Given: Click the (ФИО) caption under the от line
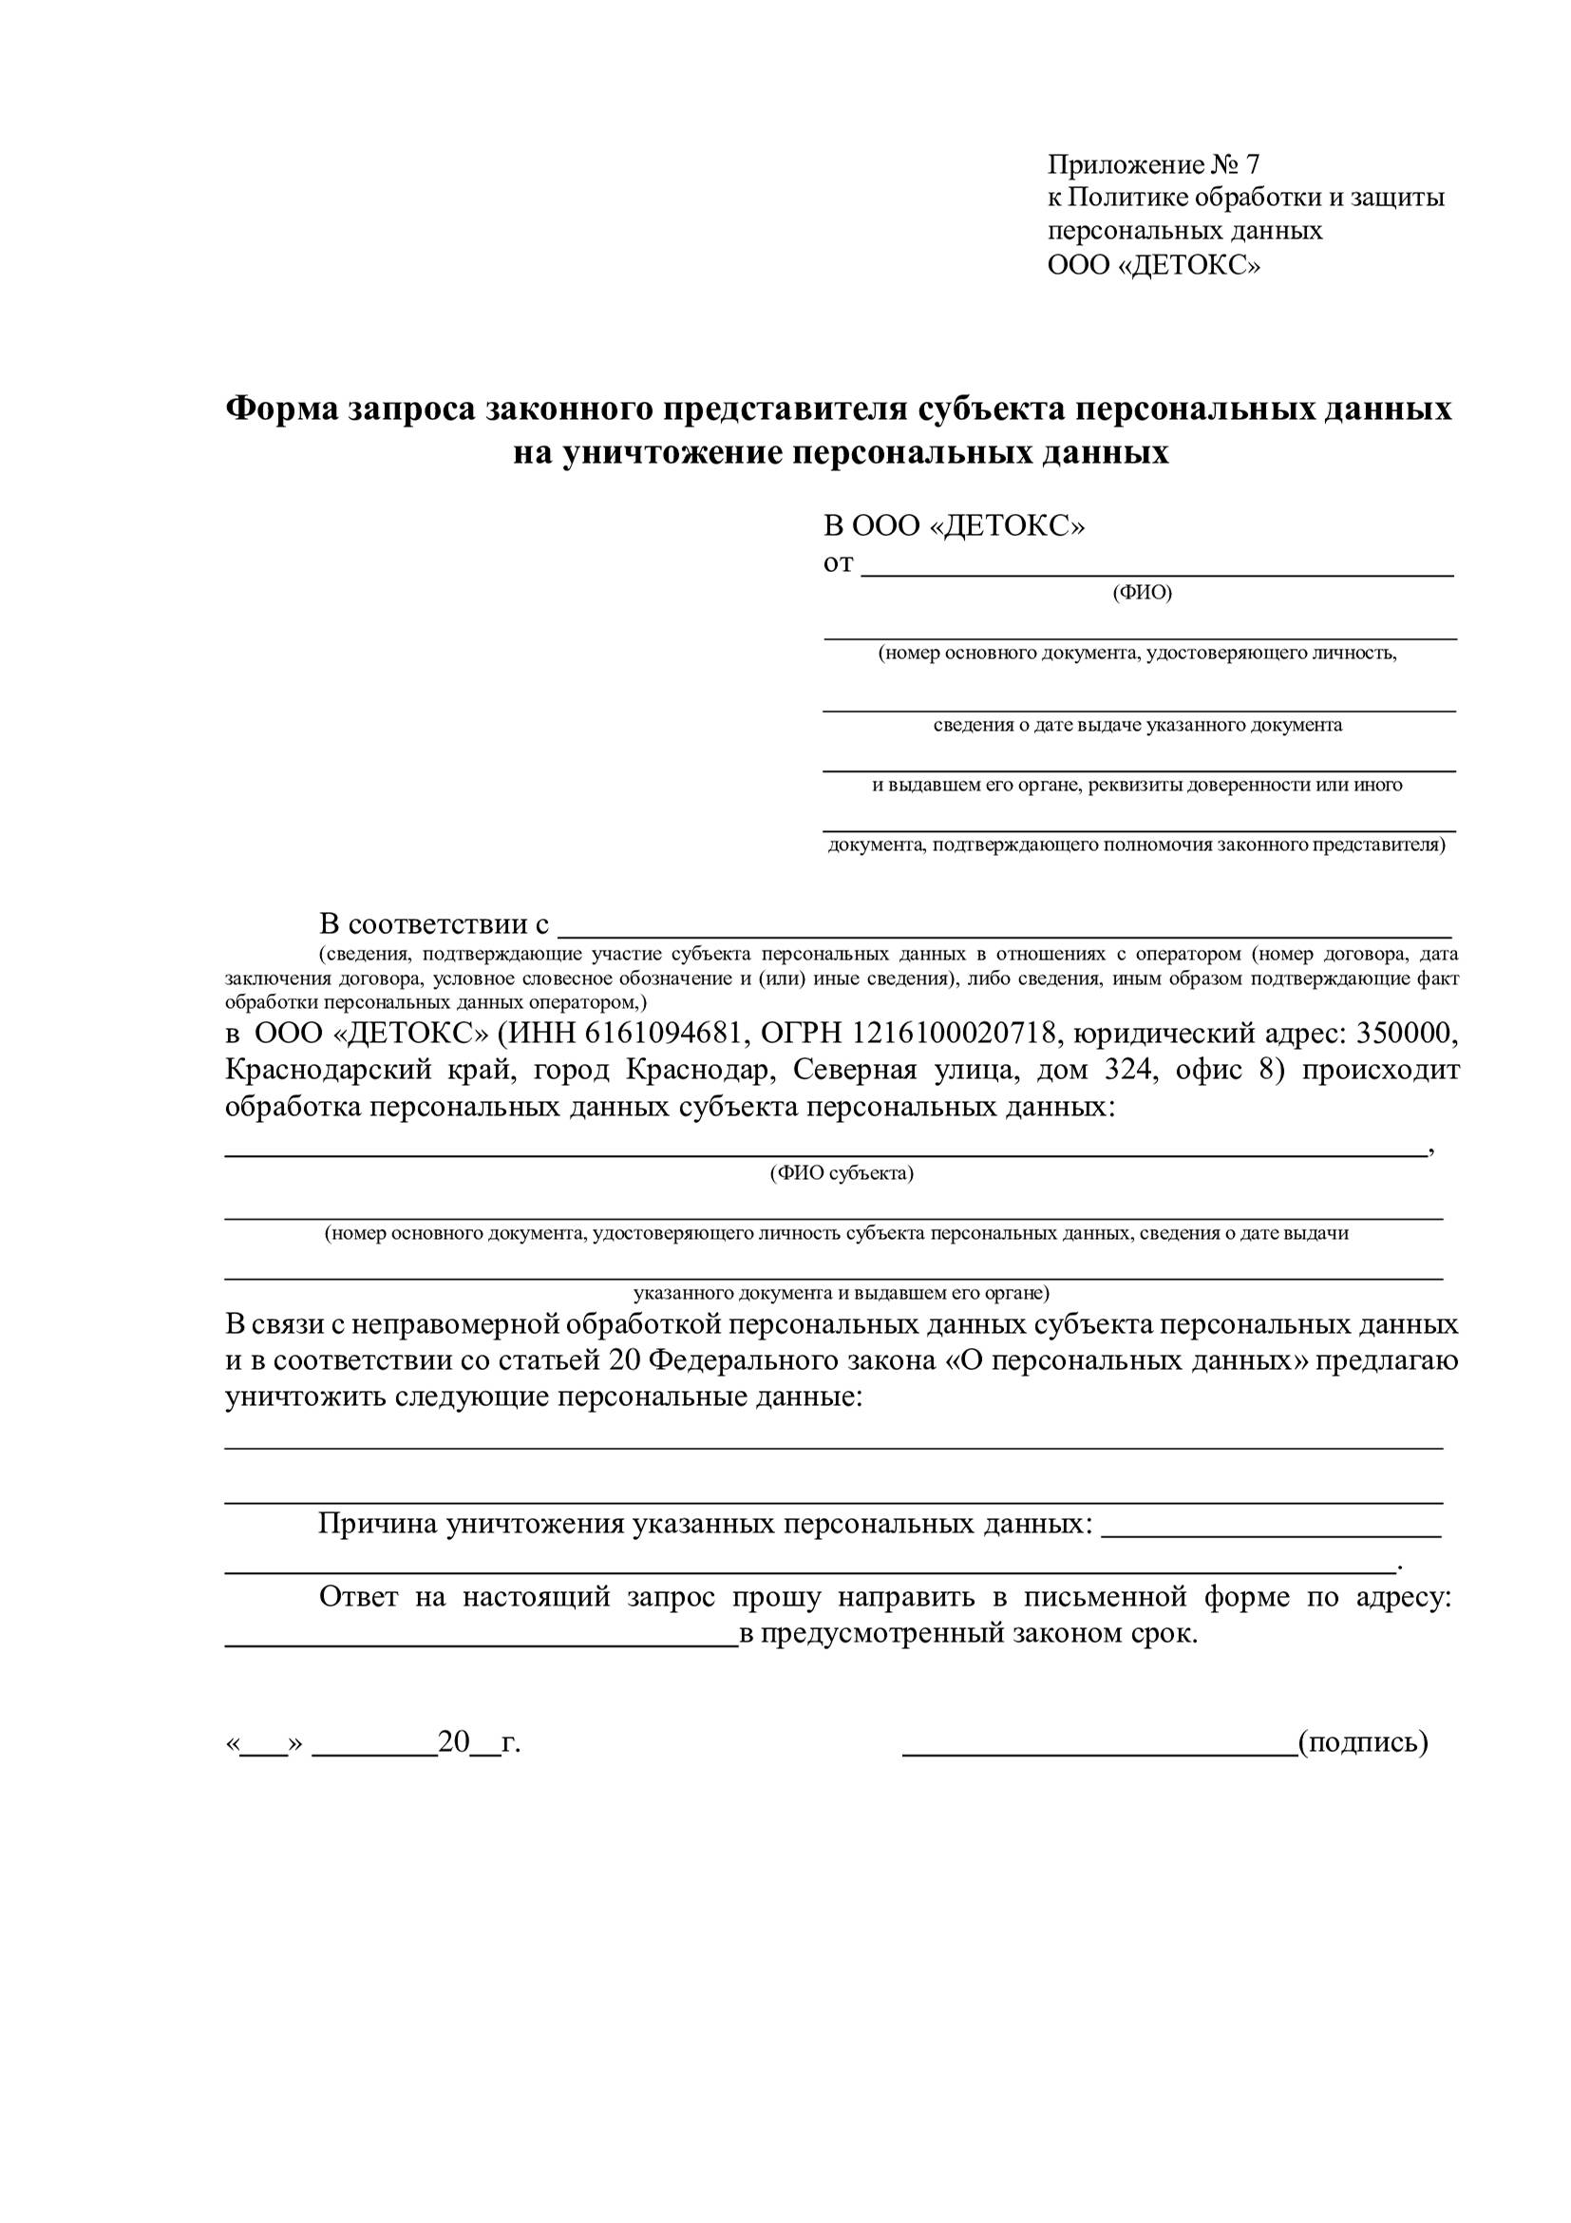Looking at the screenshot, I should click(1143, 593).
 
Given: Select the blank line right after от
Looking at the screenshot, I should click(1157, 569).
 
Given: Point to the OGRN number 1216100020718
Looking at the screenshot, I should click(954, 1033).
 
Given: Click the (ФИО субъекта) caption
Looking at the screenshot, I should click(842, 1173).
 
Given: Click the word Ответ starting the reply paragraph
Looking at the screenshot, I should click(358, 1596).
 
